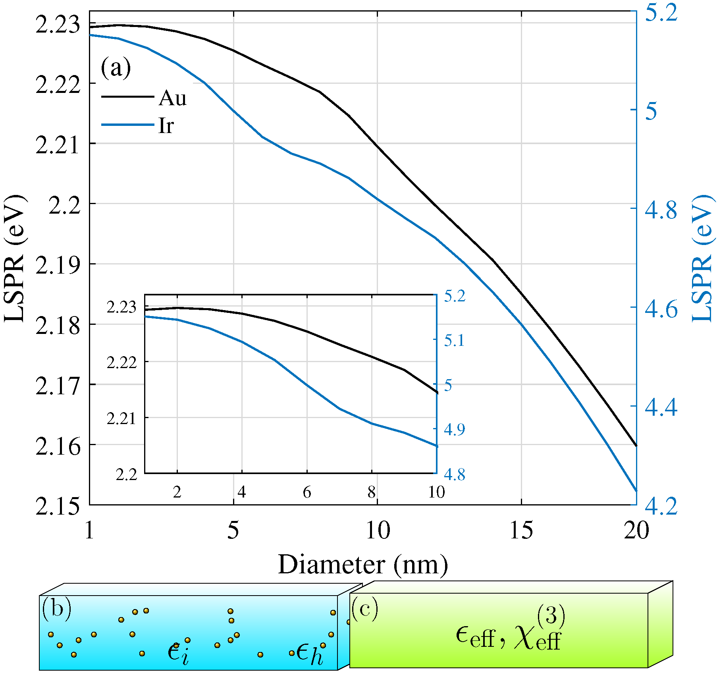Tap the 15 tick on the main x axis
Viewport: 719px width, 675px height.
tap(521, 530)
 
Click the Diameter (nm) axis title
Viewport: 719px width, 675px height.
tap(362, 564)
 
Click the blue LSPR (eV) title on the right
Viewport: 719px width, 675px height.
tap(704, 258)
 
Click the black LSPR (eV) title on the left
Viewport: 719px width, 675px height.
tap(15, 258)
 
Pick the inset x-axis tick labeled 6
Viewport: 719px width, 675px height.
tap(307, 492)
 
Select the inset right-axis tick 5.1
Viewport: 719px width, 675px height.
tap(454, 340)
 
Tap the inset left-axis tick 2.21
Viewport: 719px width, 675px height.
tap(121, 418)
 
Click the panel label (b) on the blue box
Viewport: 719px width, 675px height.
tap(57, 608)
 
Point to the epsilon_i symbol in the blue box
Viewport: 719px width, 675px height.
tap(178, 653)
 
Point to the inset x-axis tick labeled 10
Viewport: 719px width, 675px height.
tap(436, 492)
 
